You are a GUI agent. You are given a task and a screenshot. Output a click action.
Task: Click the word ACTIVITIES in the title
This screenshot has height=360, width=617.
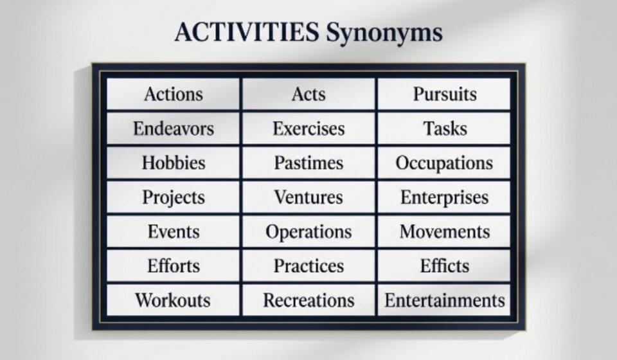247,32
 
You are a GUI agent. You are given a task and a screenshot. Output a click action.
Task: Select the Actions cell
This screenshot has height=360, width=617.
173,94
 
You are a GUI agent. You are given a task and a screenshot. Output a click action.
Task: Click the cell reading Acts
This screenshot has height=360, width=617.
309,94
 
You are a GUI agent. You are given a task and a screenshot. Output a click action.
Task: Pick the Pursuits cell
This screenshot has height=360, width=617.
444,94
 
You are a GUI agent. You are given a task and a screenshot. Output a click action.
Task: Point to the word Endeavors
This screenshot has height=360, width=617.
173,129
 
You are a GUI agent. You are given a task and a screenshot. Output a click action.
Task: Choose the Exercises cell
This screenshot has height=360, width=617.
309,129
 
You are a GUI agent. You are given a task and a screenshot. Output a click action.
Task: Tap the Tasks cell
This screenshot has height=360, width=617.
444,129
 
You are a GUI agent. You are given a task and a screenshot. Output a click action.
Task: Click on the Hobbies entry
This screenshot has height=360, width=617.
173,163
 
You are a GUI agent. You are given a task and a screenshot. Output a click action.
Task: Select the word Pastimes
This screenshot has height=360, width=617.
309,163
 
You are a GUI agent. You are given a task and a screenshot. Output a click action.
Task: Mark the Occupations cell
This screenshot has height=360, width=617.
444,163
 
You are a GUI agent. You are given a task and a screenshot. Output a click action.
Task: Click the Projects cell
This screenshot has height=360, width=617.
173,197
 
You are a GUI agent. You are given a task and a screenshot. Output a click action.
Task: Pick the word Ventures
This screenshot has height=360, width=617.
309,197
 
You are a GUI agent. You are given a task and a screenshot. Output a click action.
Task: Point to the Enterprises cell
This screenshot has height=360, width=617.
444,197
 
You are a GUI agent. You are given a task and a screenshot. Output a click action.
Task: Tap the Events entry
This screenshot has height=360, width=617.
173,231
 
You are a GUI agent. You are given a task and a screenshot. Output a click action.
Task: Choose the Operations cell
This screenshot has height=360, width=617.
309,231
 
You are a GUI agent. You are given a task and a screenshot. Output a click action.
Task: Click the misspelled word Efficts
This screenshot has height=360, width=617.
445,266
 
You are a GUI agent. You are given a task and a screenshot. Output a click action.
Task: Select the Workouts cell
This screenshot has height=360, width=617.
173,300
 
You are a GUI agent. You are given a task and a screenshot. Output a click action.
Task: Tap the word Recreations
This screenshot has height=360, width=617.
309,300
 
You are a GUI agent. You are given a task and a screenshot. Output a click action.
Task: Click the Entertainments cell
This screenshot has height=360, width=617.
444,300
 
